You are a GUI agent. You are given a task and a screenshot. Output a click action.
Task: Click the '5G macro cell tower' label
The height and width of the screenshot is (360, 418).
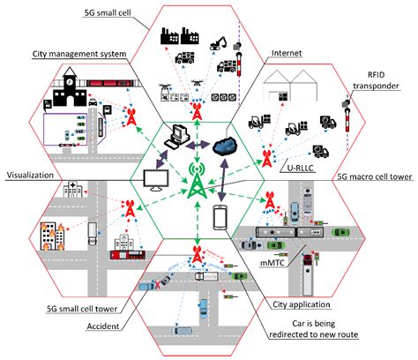pyautogui.click(x=376, y=176)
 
